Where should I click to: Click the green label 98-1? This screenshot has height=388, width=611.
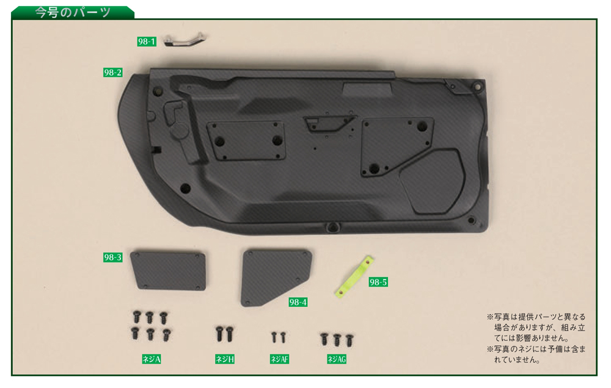[147, 41]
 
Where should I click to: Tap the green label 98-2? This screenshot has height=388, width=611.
[112, 73]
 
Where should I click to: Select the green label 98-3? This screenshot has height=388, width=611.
[112, 257]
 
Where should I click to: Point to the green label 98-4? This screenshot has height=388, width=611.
[298, 302]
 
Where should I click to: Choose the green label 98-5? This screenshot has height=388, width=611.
[378, 282]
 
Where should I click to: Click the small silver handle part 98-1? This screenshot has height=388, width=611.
[184, 40]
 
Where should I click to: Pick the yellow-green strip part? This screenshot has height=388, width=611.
[354, 276]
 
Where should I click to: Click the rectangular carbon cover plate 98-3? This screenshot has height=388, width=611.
[168, 270]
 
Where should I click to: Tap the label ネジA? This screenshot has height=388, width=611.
[151, 359]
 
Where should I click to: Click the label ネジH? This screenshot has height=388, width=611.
[225, 359]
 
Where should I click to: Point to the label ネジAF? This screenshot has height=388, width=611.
[279, 359]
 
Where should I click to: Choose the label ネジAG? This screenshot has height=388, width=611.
[337, 359]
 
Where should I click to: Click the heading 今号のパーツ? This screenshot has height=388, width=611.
[73, 12]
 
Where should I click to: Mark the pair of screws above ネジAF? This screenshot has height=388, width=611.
[279, 337]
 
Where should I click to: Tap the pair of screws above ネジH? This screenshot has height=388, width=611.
[224, 334]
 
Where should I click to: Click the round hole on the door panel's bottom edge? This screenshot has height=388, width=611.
[332, 226]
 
